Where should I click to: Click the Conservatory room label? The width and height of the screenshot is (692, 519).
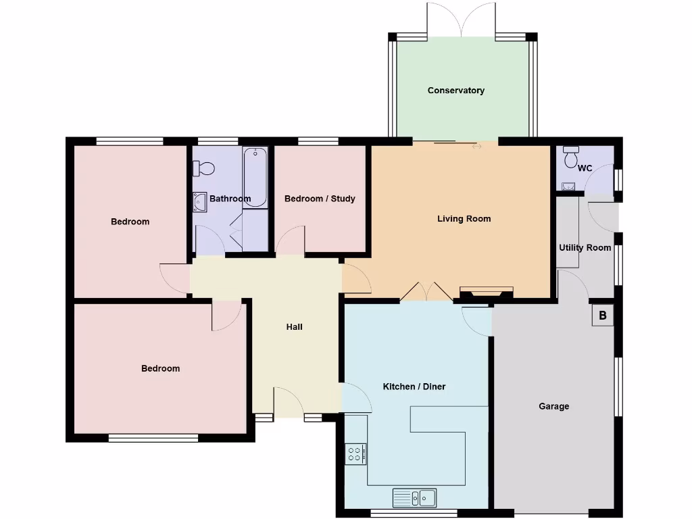tap(456, 91)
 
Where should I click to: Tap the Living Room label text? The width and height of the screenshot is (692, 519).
tap(464, 219)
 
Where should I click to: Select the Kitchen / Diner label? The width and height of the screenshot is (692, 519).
tap(414, 387)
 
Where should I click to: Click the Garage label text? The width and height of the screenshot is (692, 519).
tap(553, 406)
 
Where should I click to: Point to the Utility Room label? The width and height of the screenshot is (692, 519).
tap(585, 248)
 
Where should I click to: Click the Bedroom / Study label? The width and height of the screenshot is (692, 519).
tap(320, 199)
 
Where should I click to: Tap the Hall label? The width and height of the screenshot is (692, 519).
tap(294, 327)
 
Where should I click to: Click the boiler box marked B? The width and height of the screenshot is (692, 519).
tap(602, 316)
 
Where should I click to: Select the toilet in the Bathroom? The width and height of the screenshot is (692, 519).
tap(203, 168)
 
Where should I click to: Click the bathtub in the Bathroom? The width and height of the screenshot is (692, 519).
tap(255, 177)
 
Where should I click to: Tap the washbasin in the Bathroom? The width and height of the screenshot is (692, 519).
tap(200, 201)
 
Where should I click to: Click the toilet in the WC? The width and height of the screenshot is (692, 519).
tap(572, 157)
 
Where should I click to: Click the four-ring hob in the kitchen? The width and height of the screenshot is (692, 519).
tap(355, 453)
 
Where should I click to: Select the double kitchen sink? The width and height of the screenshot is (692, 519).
tap(414, 498)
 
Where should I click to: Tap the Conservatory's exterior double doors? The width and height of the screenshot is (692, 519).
tap(461, 20)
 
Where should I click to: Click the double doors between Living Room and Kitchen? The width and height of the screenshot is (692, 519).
tap(426, 291)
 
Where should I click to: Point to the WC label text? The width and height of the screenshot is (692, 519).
tap(585, 168)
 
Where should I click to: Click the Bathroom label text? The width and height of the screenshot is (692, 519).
tap(230, 199)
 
